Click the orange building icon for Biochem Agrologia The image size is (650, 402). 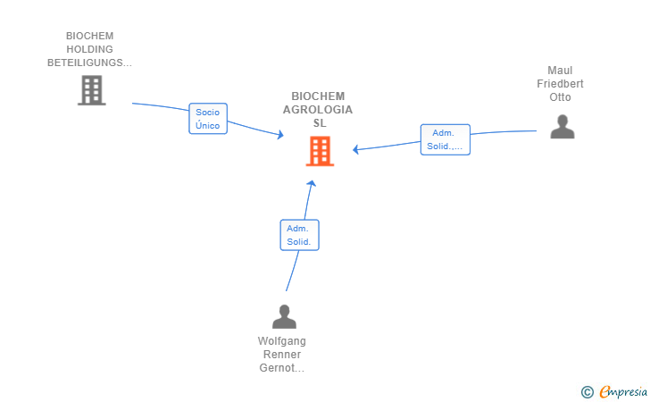click(x=320, y=151)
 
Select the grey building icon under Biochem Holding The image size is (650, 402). click(x=92, y=90)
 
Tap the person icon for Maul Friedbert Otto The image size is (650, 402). click(x=562, y=127)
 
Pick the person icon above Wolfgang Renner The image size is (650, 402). click(x=284, y=316)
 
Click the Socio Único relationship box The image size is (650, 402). click(x=208, y=119)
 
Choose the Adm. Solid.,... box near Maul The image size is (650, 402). click(x=446, y=139)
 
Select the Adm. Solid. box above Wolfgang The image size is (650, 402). click(x=299, y=235)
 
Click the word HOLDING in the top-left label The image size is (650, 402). click(x=89, y=49)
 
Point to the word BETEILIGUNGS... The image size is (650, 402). click(x=85, y=63)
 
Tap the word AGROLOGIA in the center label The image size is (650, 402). click(x=318, y=110)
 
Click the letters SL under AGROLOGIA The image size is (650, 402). click(x=320, y=123)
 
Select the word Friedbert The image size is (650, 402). click(x=560, y=84)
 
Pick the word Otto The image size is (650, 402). click(x=560, y=97)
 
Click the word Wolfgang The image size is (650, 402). click(x=282, y=341)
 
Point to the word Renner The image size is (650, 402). click(x=282, y=355)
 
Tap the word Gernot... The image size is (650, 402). click(x=277, y=368)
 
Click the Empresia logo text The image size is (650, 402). click(x=623, y=392)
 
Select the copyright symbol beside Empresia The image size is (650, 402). click(x=587, y=392)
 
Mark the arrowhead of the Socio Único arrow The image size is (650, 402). click(x=280, y=134)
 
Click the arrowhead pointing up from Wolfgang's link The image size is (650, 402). click(x=312, y=183)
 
